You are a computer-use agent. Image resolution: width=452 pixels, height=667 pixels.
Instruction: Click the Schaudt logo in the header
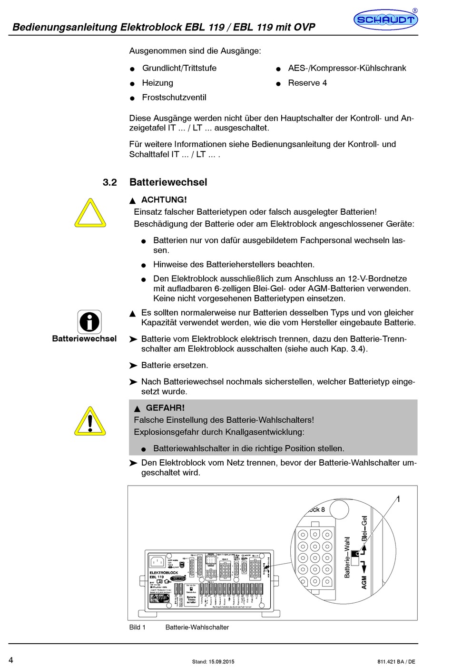coord(386,20)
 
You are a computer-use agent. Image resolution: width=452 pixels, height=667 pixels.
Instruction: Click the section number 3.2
coord(109,182)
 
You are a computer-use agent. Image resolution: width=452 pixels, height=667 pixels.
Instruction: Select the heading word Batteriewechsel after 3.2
coord(168,182)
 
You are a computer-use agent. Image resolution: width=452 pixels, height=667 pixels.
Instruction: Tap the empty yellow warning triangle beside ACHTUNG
coord(90,214)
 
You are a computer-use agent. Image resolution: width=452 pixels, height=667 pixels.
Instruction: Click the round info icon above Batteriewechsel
coord(89,322)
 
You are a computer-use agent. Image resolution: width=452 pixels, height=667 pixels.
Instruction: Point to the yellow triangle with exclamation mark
coord(90,422)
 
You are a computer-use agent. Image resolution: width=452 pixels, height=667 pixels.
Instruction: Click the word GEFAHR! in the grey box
coord(165,408)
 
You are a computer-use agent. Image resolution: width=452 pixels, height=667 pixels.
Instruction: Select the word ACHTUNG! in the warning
coord(164,200)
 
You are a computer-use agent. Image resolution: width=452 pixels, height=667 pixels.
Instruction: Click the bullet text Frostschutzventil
coord(174,98)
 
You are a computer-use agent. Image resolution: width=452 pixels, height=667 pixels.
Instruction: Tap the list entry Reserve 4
coord(307,83)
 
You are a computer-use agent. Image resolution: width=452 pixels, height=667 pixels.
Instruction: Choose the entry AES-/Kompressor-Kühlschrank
coord(347,68)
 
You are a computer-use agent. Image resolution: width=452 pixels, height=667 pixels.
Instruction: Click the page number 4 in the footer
coord(11,660)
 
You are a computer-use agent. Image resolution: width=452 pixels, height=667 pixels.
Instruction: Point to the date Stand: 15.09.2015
coord(213,661)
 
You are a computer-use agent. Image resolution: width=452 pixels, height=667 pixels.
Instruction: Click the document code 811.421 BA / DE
coord(396,661)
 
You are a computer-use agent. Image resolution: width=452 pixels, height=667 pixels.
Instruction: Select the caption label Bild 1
coord(137,627)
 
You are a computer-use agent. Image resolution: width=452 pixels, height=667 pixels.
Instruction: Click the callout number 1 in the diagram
coord(398,499)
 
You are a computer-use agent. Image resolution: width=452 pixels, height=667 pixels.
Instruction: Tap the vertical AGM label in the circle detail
coord(364,582)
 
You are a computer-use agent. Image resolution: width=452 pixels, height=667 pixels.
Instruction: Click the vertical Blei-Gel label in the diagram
coord(364,528)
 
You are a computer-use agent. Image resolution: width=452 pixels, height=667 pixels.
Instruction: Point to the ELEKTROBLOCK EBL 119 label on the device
coord(163,575)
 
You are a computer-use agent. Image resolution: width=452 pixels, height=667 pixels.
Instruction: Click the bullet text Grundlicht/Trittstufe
coord(179,68)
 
